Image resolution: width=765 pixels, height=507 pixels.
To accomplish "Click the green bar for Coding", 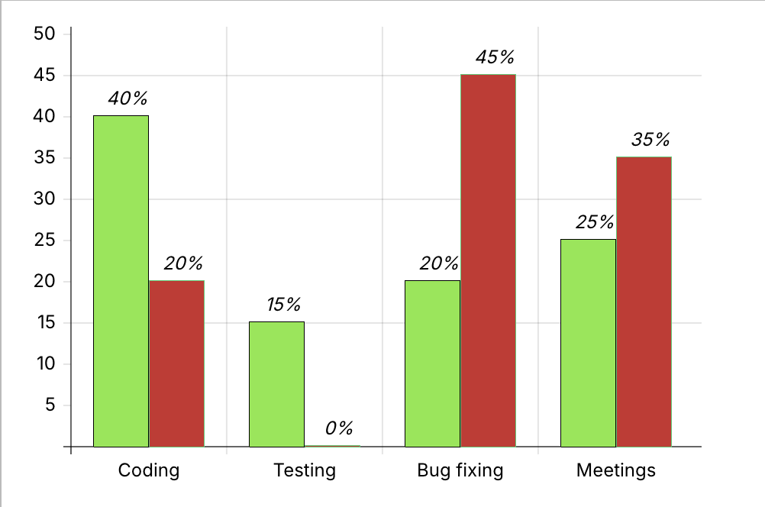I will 121,281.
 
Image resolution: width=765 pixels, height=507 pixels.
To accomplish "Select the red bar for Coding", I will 176,363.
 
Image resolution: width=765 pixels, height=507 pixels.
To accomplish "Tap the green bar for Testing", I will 276,384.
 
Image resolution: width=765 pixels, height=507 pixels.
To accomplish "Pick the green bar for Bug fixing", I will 432,363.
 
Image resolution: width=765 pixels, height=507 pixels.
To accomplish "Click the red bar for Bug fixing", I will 488,260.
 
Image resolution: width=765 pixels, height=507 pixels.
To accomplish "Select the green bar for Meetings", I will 588,343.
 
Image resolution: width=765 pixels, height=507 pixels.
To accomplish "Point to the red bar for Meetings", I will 644,302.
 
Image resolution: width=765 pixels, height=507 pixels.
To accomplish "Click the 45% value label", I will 495,57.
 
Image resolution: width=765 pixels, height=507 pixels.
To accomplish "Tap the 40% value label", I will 127,98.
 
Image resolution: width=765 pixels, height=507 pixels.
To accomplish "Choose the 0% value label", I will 339,428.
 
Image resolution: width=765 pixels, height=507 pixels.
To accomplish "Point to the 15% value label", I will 283,305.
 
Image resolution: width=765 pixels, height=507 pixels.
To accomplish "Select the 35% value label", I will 650,140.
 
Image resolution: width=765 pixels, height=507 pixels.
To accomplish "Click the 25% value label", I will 595,222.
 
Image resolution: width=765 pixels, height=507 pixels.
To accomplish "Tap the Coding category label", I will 149,470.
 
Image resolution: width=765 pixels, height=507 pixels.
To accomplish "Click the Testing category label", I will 305,470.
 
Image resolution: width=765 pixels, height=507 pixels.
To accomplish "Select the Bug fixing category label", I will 460,470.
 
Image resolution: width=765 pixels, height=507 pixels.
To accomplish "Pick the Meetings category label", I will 616,470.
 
